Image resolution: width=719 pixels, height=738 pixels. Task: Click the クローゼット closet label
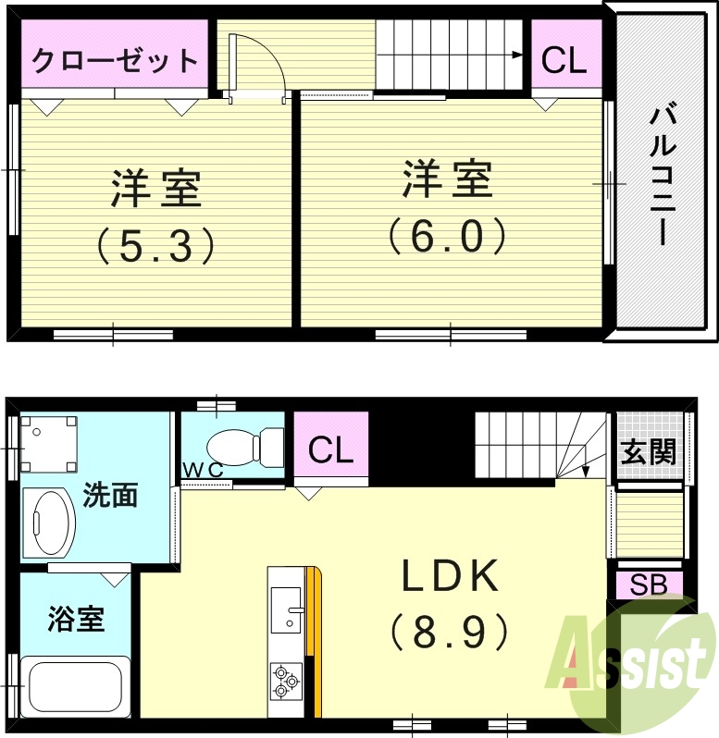pyautogui.click(x=116, y=62)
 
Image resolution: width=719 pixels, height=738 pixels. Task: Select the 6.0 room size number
pyautogui.click(x=447, y=236)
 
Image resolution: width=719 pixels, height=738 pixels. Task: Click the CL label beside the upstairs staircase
pyautogui.click(x=564, y=61)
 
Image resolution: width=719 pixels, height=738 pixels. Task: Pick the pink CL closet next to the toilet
pyautogui.click(x=331, y=450)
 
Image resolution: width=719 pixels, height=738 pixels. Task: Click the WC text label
pyautogui.click(x=203, y=470)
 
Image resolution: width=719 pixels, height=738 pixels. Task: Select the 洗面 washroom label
pyautogui.click(x=110, y=496)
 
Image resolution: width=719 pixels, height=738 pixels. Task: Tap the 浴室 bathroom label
pyautogui.click(x=76, y=619)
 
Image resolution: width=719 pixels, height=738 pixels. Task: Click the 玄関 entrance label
pyautogui.click(x=649, y=452)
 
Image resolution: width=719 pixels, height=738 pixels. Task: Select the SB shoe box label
pyautogui.click(x=650, y=584)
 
